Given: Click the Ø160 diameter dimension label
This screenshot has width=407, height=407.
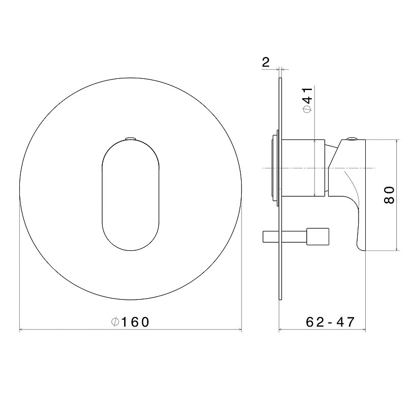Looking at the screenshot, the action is pyautogui.click(x=130, y=322).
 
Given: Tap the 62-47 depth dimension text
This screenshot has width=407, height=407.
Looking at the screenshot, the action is pyautogui.click(x=330, y=322).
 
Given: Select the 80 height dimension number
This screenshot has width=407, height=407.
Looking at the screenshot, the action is pyautogui.click(x=389, y=195).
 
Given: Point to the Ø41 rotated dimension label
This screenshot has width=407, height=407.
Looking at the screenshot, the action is pyautogui.click(x=308, y=100).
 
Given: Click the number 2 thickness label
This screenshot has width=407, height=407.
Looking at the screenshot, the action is pyautogui.click(x=266, y=62).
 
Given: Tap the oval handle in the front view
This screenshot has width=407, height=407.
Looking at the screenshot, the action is pyautogui.click(x=130, y=195).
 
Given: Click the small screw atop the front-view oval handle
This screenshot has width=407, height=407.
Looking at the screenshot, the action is pyautogui.click(x=131, y=138).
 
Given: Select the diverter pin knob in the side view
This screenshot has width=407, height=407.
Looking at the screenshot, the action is pyautogui.click(x=317, y=237).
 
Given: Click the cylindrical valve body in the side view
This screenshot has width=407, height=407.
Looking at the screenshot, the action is pyautogui.click(x=303, y=168).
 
